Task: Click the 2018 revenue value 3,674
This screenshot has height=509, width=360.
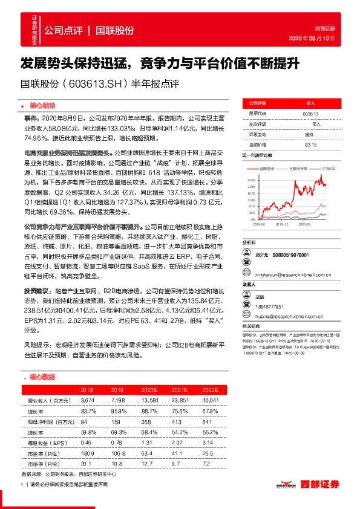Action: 88,401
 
